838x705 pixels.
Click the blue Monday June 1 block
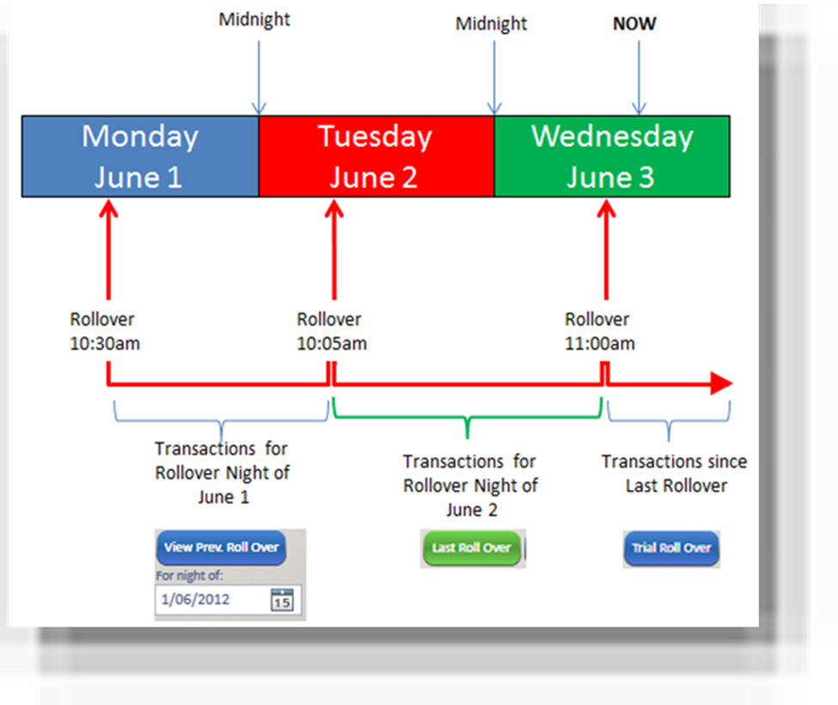(141, 156)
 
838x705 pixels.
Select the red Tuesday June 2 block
(376, 156)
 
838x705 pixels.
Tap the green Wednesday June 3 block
(613, 156)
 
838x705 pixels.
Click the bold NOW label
(634, 23)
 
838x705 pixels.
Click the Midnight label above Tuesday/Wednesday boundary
(491, 24)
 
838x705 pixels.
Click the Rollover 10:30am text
(105, 331)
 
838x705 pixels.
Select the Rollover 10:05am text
(332, 331)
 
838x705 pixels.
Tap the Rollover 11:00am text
(600, 331)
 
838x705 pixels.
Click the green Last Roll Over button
(471, 548)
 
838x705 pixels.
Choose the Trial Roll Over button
(671, 549)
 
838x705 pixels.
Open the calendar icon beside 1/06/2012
(282, 600)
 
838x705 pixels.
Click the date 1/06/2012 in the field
(196, 600)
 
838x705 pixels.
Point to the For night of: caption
(190, 576)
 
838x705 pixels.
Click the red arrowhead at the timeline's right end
(721, 383)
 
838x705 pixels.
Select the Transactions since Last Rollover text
(675, 474)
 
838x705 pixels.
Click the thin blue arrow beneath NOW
(639, 78)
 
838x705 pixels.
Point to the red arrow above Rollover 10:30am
(108, 249)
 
